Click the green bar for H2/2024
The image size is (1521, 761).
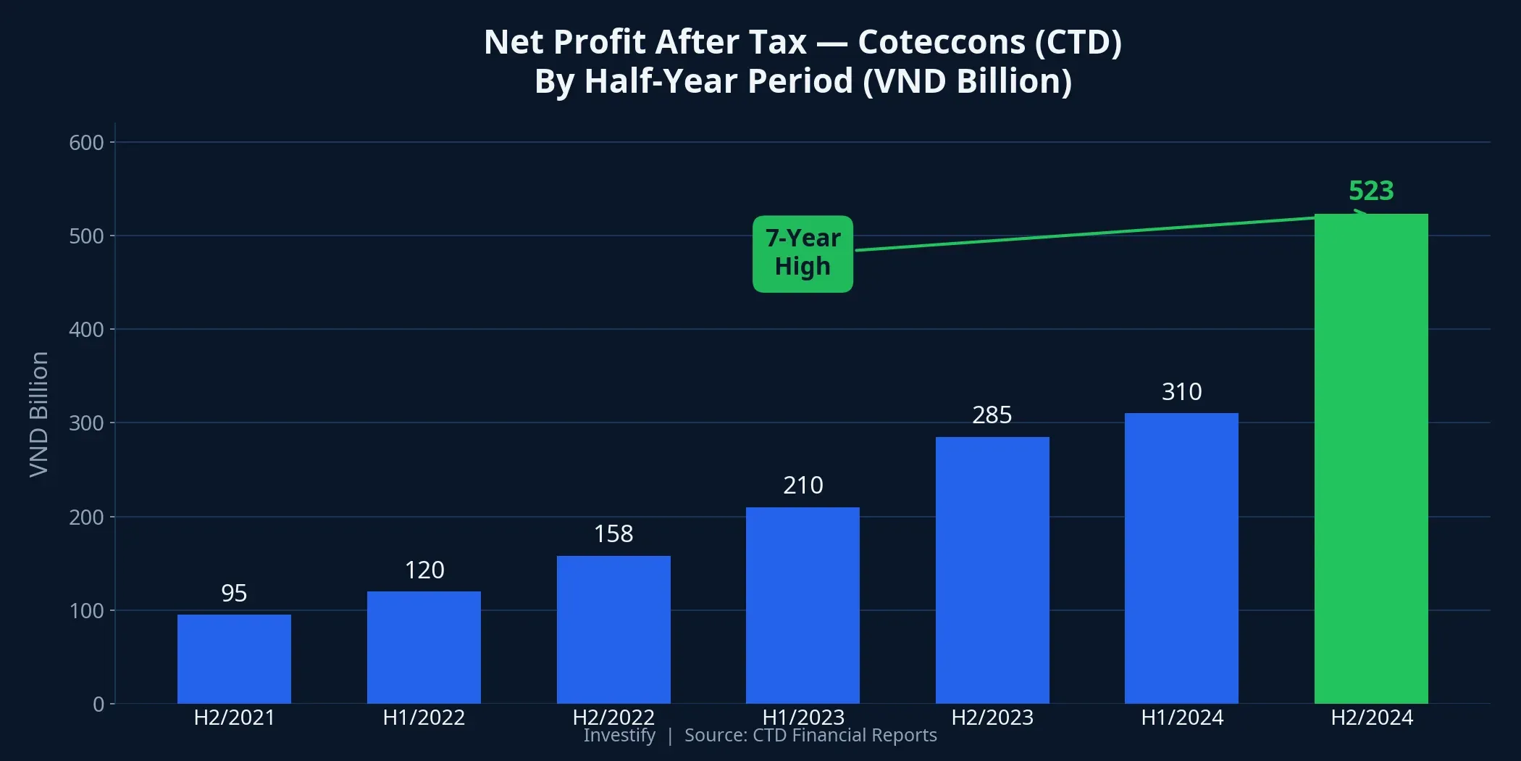pyautogui.click(x=1371, y=458)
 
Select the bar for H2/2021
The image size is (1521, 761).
pyautogui.click(x=234, y=659)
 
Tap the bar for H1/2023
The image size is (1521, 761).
pyautogui.click(x=803, y=605)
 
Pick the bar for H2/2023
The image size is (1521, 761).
pyautogui.click(x=992, y=570)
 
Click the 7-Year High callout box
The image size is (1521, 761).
pyautogui.click(x=803, y=254)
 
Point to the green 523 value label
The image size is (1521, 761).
pyautogui.click(x=1371, y=191)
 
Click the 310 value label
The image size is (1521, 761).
pyautogui.click(x=1181, y=392)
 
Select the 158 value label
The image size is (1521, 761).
pyautogui.click(x=613, y=534)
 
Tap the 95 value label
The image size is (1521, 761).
pyautogui.click(x=234, y=594)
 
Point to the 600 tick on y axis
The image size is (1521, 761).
pyautogui.click(x=86, y=143)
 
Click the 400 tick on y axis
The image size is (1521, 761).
pyautogui.click(x=86, y=330)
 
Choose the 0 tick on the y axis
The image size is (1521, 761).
pyautogui.click(x=99, y=704)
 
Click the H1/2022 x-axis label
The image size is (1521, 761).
pyautogui.click(x=424, y=718)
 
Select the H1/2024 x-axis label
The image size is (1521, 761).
pyautogui.click(x=1181, y=718)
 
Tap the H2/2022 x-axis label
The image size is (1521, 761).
pyautogui.click(x=613, y=718)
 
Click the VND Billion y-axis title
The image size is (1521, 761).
pyautogui.click(x=39, y=415)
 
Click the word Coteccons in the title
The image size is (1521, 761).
pyautogui.click(x=941, y=42)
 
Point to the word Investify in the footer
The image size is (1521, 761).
pyautogui.click(x=619, y=736)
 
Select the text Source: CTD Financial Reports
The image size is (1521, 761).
pyautogui.click(x=810, y=736)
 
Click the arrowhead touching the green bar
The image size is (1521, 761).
pyautogui.click(x=1360, y=214)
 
